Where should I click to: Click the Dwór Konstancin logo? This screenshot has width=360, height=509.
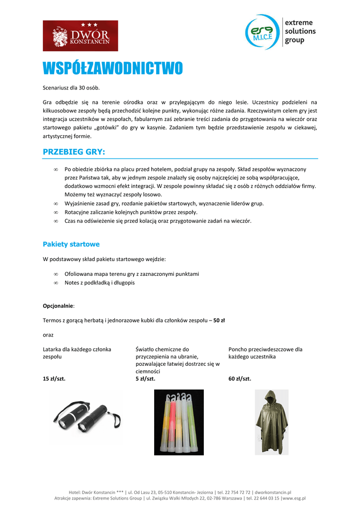coord(81,36)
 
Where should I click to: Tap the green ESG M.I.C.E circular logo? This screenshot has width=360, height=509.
coord(263,32)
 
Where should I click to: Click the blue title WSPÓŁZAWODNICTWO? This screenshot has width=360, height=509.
coord(112,69)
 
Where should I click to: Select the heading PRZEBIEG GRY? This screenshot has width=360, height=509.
coord(74,152)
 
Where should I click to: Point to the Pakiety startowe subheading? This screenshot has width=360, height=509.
coord(71,244)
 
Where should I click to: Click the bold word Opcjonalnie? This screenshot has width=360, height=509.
coord(58,306)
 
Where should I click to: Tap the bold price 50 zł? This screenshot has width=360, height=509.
coord(219,321)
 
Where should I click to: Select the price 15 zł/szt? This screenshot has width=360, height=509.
coord(54,379)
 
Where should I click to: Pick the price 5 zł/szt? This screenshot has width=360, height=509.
coord(145,379)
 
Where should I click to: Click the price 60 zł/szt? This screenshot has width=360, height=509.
coord(240,379)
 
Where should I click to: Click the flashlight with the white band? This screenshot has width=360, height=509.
coord(70,417)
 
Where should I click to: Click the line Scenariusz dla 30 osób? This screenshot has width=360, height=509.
coord(71,88)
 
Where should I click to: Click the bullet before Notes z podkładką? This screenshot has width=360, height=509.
coord(56,283)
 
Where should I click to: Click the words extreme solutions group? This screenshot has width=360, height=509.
coord(300,31)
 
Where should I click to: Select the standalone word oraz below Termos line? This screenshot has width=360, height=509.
coord(48,335)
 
